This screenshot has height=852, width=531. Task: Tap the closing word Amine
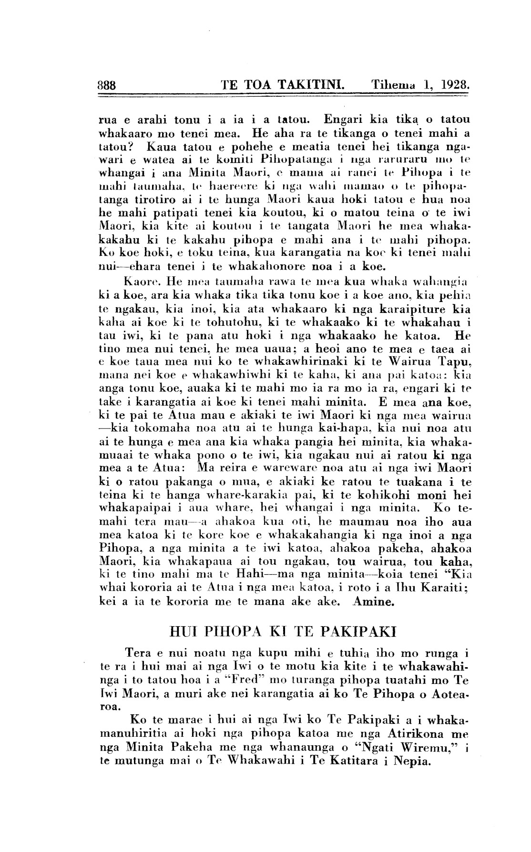[x=373, y=601]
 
